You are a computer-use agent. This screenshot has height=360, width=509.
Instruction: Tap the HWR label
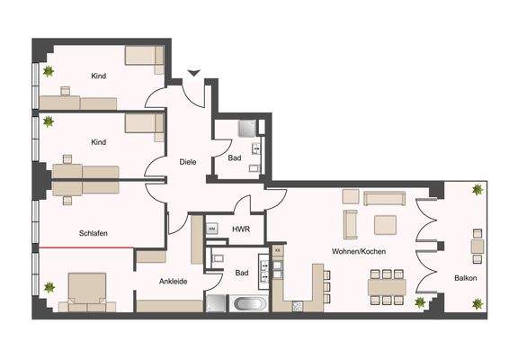click(x=240, y=230)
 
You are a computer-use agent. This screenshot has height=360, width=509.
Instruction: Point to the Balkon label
click(x=465, y=278)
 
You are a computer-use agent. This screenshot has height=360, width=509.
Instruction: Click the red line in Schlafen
click(x=86, y=246)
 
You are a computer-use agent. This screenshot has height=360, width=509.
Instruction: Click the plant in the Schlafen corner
click(x=49, y=288)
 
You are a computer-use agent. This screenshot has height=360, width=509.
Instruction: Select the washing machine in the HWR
click(x=212, y=230)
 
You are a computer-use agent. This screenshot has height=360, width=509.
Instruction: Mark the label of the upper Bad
click(x=234, y=158)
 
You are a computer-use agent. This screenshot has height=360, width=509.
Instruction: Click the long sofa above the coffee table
click(x=387, y=196)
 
